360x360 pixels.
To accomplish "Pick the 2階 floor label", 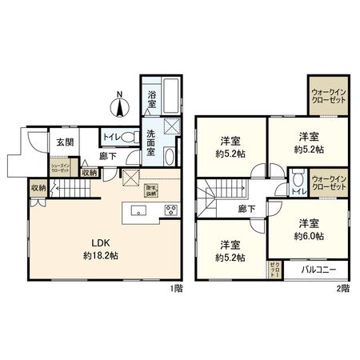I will tap(342, 287).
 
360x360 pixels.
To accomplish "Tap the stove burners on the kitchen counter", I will tap(171, 211).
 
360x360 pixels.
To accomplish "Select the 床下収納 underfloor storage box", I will tap(150, 190).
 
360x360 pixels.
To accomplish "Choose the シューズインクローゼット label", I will tap(64, 170).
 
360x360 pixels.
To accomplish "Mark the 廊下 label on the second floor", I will tap(246, 209).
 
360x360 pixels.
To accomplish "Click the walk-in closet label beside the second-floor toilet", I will tap(328, 182).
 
